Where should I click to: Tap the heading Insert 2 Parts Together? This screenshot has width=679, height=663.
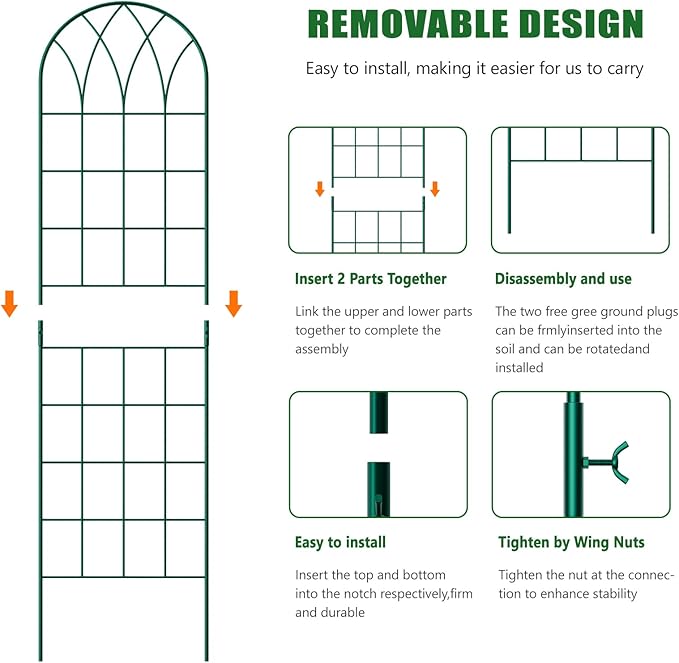coord(370,279)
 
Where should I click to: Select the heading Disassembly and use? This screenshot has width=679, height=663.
coord(563,279)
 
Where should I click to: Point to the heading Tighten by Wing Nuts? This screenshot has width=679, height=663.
coord(571,543)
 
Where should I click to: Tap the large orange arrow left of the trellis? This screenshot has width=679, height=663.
coord(10,303)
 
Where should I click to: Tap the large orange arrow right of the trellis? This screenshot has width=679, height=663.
coord(233,303)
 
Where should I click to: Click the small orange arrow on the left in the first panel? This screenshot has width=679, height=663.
coord(320,188)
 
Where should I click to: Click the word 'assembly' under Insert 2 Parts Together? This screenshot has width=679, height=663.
coord(322,349)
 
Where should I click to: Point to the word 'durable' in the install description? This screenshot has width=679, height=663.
coord(340,613)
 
